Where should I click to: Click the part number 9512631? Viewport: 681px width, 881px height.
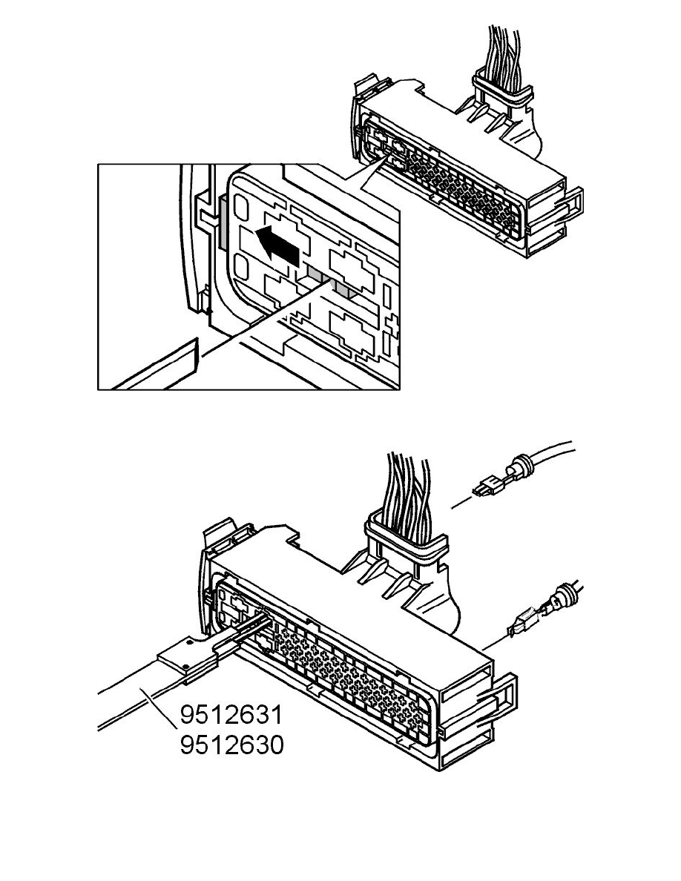click(x=231, y=716)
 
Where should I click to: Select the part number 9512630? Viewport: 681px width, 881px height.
click(x=231, y=745)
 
